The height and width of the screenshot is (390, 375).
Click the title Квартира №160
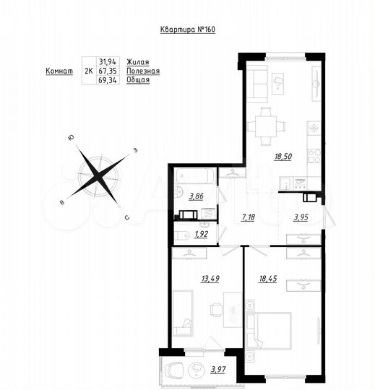[x=187, y=30]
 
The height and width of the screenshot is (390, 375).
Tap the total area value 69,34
[x=107, y=80]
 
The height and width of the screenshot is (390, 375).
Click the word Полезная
[x=142, y=71]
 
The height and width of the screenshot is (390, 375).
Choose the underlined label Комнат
[x=59, y=71]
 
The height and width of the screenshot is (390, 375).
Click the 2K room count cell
[x=88, y=71]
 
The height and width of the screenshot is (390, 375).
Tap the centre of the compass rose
[x=98, y=175]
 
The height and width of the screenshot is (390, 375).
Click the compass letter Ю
[x=70, y=138]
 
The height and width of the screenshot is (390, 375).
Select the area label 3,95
[x=299, y=216]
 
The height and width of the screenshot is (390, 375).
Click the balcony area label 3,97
[x=218, y=370]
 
